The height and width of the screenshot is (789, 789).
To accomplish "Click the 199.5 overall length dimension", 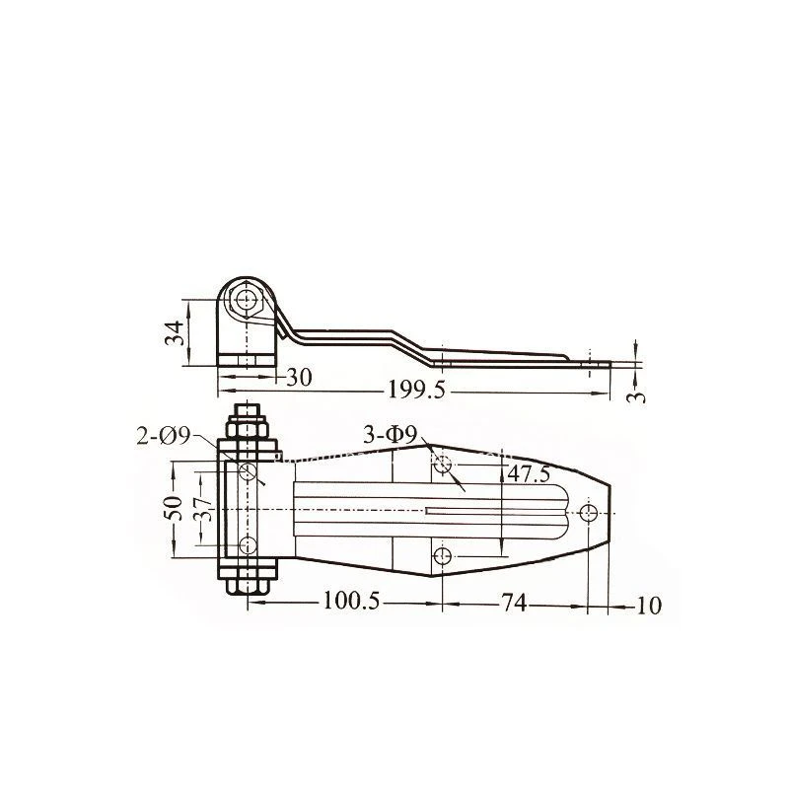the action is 416,390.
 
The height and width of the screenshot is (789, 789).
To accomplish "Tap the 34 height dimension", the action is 175,333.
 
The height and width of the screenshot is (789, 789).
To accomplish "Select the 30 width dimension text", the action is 299,377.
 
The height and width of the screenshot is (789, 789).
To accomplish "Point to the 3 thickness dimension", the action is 636,396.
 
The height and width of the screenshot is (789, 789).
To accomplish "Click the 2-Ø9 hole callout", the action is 163,436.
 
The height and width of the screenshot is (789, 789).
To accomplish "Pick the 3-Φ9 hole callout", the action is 391,435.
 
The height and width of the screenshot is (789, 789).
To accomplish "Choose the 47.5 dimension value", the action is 529,474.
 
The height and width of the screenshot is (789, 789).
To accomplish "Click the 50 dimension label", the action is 173,508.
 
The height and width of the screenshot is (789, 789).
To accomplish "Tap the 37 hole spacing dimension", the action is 203,509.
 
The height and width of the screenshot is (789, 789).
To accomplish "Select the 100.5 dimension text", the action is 351,601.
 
